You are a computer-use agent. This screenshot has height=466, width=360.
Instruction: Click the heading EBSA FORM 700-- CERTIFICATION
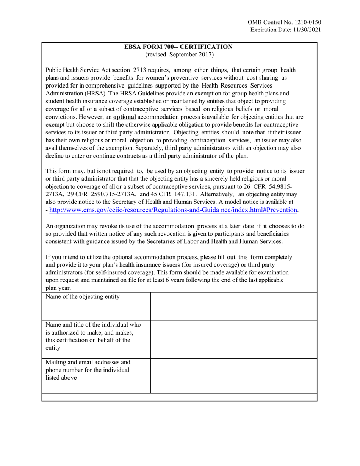pyautogui.click(x=179, y=47)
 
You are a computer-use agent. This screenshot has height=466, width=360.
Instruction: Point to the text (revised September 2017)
pyautogui.click(x=179, y=55)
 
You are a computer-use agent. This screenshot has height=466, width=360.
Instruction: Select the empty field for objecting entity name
pyautogui.click(x=233, y=306)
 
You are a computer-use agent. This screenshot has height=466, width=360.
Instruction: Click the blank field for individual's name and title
pyautogui.click(x=233, y=339)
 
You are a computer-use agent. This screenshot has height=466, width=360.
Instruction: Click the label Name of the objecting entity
pyautogui.click(x=83, y=297)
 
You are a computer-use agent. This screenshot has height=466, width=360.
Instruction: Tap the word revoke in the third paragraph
pyautogui.click(x=99, y=226)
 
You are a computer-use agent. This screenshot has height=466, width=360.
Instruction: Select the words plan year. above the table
pyautogui.click(x=58, y=288)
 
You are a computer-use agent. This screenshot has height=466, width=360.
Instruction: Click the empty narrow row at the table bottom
pyautogui.click(x=179, y=397)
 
